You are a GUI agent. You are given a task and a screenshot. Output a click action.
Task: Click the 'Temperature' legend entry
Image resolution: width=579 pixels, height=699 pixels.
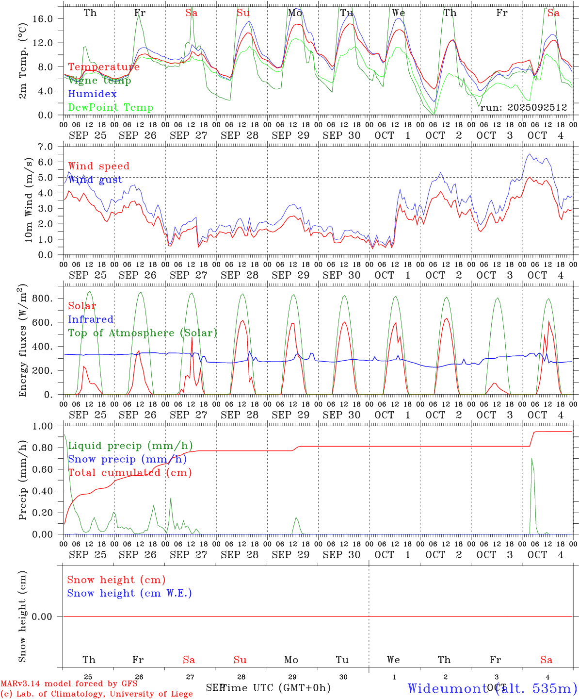click(104, 67)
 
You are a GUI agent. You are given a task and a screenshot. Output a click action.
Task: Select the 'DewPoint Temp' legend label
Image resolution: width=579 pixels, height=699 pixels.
click(111, 108)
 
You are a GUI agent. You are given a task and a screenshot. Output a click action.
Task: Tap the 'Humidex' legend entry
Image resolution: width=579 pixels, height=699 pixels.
click(92, 94)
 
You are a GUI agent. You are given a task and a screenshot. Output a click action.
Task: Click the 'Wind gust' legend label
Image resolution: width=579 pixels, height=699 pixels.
click(95, 180)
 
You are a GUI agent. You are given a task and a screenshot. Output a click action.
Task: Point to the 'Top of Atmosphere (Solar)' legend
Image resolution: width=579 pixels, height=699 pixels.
click(143, 333)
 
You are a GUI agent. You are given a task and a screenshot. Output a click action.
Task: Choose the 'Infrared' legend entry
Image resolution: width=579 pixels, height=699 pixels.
click(91, 319)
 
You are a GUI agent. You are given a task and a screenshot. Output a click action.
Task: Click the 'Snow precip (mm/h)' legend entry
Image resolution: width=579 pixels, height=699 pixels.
click(127, 459)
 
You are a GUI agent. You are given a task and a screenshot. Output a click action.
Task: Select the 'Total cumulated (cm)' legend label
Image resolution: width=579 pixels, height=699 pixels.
click(130, 473)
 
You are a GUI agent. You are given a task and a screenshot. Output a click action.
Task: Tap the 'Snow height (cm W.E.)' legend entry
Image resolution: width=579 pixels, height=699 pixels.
click(129, 593)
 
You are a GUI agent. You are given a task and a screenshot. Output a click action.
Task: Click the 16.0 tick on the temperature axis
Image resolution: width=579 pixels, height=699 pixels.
click(43, 18)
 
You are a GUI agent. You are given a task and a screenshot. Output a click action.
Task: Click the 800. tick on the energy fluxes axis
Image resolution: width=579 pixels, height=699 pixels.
click(41, 299)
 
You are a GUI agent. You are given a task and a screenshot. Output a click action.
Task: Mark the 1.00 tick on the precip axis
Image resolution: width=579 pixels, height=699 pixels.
click(43, 426)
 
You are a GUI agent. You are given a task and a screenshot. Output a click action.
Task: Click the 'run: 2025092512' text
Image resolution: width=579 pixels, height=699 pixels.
click(523, 108)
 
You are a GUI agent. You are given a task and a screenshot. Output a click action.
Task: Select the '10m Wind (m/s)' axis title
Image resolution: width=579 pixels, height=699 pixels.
click(29, 200)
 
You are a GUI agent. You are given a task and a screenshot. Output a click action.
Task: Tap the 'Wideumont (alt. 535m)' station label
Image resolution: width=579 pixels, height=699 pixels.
click(492, 688)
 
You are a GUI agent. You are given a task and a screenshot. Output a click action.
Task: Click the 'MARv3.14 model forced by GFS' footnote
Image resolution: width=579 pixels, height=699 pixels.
click(69, 684)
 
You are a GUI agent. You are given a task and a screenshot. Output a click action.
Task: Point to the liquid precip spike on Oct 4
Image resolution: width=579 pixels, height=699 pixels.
click(532, 459)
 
